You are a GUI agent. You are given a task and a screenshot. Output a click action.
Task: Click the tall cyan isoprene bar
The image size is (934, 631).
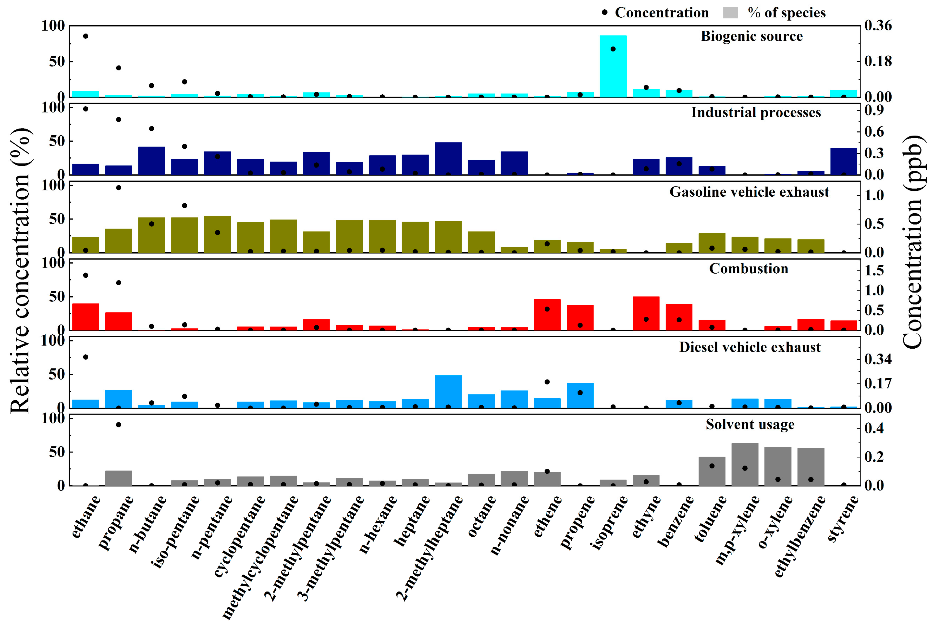pyautogui.click(x=613, y=66)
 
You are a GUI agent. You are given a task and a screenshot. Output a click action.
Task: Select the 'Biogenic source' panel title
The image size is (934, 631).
pyautogui.click(x=751, y=36)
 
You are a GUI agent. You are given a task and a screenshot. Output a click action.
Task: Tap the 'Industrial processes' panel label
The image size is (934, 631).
pyautogui.click(x=756, y=113)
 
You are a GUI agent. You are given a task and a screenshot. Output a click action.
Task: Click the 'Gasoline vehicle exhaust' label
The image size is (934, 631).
pyautogui.click(x=749, y=192)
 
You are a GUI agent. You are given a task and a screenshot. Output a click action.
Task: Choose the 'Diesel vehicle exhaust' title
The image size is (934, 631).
pyautogui.click(x=750, y=347)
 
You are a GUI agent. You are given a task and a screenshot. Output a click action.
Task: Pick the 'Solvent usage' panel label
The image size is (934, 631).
pyautogui.click(x=750, y=424)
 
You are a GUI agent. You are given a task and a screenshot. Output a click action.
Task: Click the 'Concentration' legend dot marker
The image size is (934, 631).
pyautogui.click(x=604, y=13)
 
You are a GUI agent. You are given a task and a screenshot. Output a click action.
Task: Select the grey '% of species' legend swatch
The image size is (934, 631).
pyautogui.click(x=730, y=13)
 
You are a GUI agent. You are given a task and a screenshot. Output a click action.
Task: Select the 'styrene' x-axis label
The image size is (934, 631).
pyautogui.click(x=843, y=518)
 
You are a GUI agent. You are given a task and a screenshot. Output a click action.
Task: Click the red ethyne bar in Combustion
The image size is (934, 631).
pyautogui.click(x=646, y=313)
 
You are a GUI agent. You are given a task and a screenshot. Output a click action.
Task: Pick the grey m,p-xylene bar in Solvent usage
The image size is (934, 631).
pyautogui.click(x=745, y=465)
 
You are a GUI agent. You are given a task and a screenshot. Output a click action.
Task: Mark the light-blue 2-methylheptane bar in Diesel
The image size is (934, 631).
pyautogui.click(x=448, y=392)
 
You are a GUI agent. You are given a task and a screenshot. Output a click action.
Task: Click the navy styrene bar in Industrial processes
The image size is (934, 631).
pyautogui.click(x=844, y=162)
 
